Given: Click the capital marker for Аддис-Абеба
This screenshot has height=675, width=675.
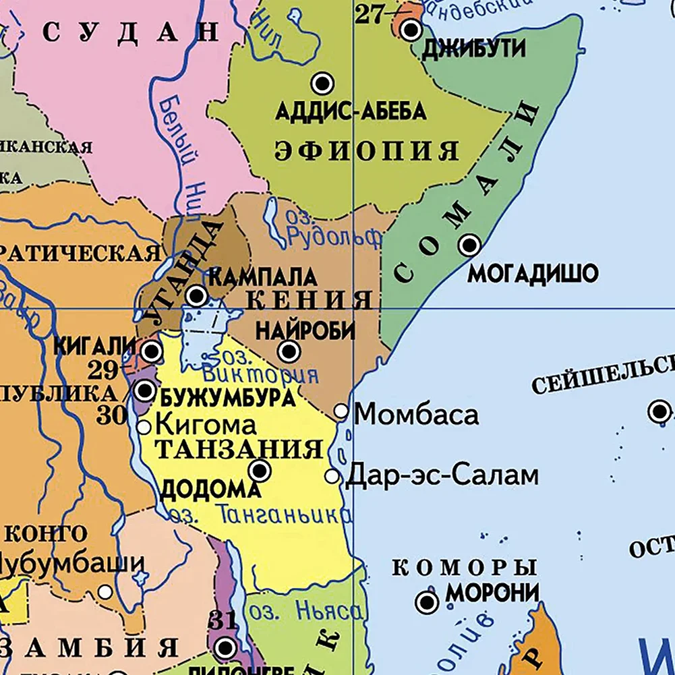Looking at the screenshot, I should (322, 84).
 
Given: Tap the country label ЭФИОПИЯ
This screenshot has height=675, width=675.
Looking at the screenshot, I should (366, 150).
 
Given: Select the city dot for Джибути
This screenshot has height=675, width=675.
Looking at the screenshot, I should (411, 30).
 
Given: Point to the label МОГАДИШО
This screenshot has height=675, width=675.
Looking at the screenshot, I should (533, 274).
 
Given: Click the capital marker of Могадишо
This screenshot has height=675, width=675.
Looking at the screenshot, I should (469, 245).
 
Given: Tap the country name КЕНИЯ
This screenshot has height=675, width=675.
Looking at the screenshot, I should (310, 299).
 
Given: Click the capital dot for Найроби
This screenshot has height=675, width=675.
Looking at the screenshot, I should (289, 351).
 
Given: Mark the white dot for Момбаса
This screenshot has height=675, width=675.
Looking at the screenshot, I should (341, 411).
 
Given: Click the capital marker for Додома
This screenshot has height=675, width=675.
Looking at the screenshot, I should (260, 471).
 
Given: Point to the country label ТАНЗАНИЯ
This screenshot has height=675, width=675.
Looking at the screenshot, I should (239, 448).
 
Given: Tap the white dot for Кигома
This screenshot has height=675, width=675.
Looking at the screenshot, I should (144, 427).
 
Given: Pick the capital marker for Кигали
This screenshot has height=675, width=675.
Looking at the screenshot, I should (152, 351).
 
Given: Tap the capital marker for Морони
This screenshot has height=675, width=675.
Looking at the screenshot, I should (426, 602).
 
